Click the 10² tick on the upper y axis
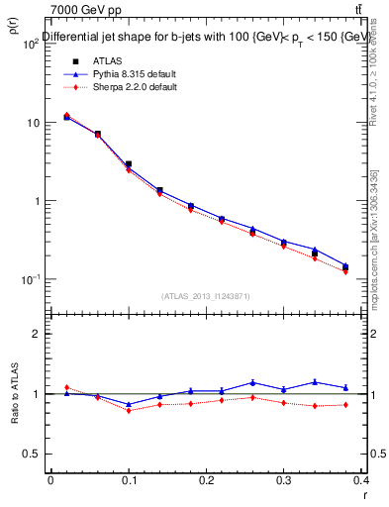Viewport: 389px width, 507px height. click(x=29, y=45)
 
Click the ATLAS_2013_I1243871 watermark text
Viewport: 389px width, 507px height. click(x=206, y=296)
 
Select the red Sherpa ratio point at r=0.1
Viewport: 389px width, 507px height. click(x=129, y=410)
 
